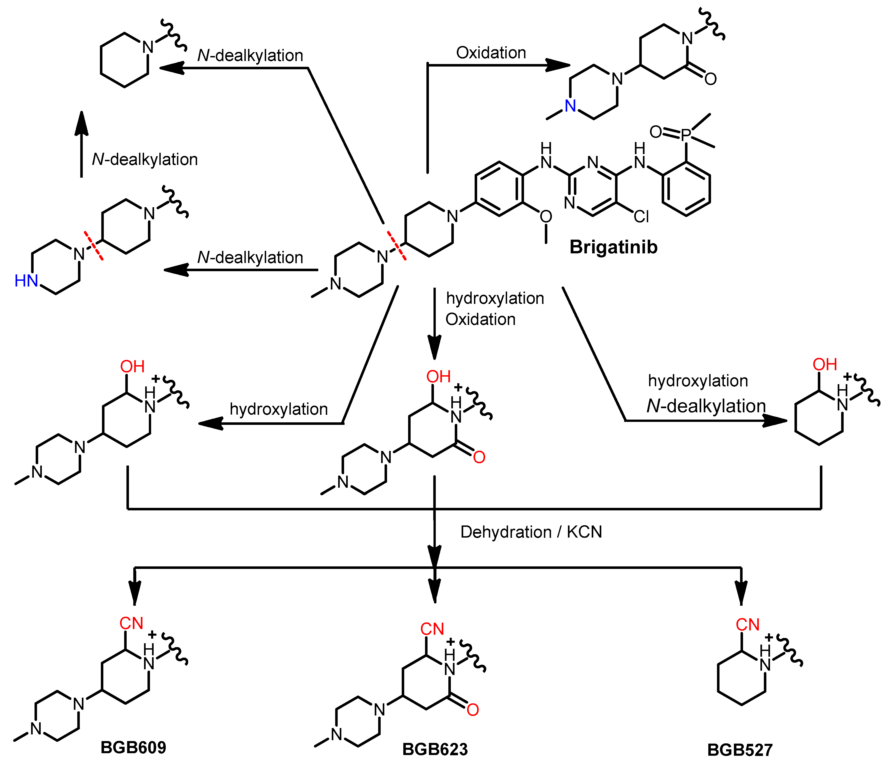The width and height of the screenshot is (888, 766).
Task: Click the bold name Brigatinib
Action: [x=613, y=247]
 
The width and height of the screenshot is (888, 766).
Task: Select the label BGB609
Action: [x=133, y=747]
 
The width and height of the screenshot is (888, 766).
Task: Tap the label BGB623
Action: [x=435, y=749]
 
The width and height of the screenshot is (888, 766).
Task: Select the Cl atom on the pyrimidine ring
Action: [x=641, y=217]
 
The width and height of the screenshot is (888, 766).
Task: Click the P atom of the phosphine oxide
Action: [x=686, y=135]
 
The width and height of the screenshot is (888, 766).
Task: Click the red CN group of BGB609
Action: [x=131, y=623]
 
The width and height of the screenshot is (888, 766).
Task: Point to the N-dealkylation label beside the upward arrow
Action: [x=145, y=159]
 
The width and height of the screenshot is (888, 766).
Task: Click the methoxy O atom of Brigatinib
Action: [x=546, y=217]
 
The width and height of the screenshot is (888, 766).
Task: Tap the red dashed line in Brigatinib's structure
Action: [x=396, y=246]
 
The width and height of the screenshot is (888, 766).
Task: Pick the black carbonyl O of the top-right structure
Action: [x=710, y=79]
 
